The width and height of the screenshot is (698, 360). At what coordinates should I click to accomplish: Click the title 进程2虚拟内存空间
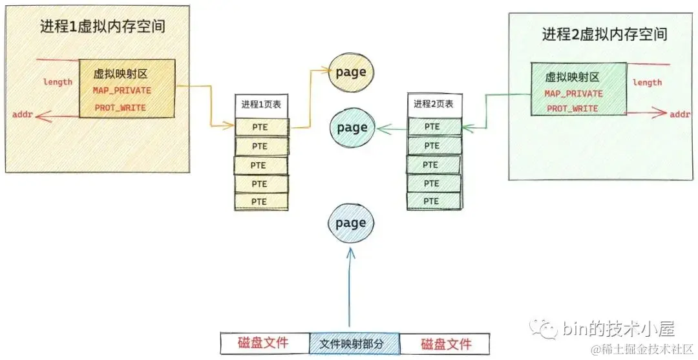pyautogui.click(x=604, y=34)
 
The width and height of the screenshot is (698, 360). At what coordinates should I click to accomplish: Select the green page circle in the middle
pyautogui.click(x=352, y=127)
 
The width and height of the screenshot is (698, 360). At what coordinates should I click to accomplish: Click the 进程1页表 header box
pyautogui.click(x=260, y=105)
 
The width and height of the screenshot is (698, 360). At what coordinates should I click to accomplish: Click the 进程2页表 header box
pyautogui.click(x=434, y=105)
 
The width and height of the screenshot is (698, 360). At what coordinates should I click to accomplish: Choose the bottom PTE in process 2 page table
pyautogui.click(x=432, y=201)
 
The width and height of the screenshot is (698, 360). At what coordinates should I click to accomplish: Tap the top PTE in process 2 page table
pyautogui.click(x=433, y=127)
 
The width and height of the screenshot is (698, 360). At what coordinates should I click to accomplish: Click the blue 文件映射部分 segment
pyautogui.click(x=354, y=343)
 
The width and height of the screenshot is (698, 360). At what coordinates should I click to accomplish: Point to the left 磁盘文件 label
pyautogui.click(x=263, y=343)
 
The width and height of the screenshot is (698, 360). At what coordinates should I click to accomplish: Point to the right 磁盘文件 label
pyautogui.click(x=445, y=343)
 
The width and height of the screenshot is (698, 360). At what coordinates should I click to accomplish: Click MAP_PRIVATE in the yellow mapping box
pyautogui.click(x=122, y=90)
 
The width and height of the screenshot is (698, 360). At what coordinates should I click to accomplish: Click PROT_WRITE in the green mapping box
pyautogui.click(x=573, y=109)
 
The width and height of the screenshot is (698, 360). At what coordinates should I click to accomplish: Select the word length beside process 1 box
pyautogui.click(x=58, y=81)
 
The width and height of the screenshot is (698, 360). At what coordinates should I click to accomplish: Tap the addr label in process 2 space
pyautogui.click(x=679, y=114)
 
